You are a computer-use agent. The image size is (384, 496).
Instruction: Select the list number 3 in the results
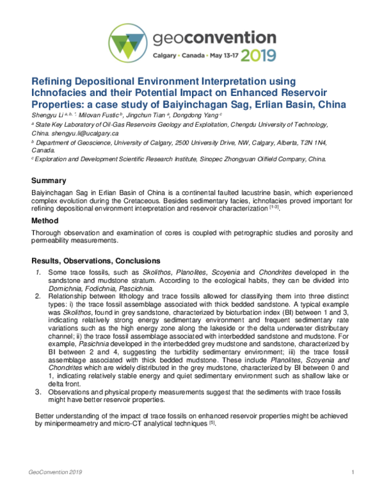pos(38,391)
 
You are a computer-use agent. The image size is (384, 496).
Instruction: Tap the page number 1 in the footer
pos(353,472)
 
